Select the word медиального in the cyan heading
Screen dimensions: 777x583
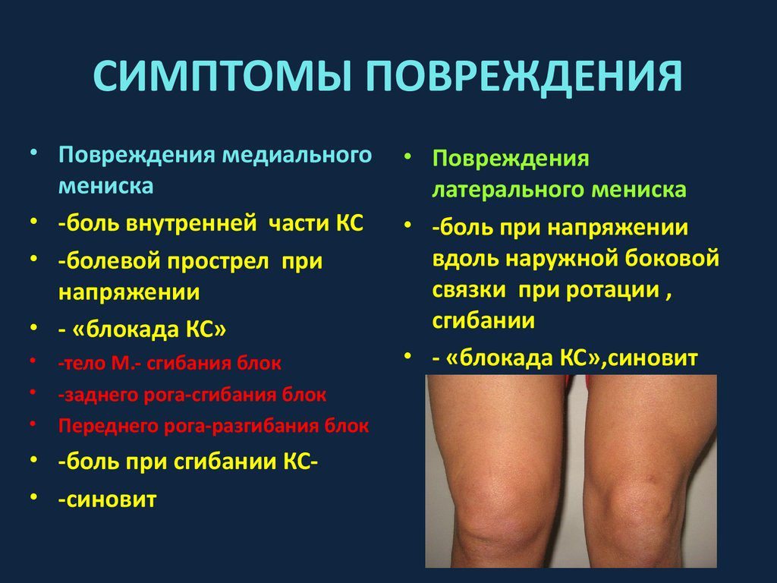297,155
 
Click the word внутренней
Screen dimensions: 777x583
191,223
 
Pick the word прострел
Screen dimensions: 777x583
218,261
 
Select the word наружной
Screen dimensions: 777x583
562,260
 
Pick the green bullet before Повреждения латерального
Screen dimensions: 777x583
407,156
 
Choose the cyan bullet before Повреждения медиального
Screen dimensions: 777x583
33,152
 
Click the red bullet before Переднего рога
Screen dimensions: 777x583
33,424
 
